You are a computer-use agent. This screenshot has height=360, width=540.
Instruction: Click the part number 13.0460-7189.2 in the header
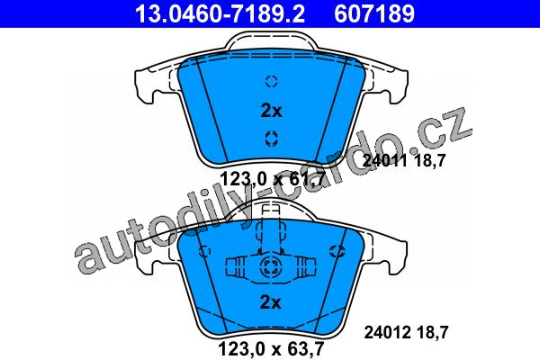pos(220,13)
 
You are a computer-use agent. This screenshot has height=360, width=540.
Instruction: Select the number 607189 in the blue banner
pos(374,13)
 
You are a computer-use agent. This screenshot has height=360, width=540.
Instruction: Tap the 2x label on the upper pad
pos(271,111)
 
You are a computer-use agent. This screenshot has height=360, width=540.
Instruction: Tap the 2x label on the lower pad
pos(270,302)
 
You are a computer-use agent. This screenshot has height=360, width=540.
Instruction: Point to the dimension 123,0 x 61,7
pos(272,179)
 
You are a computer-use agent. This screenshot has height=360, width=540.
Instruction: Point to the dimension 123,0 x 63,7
pos(271,348)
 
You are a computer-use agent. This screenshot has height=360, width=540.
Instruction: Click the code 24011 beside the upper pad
pos(384,160)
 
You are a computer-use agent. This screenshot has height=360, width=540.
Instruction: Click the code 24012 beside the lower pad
pos(387,332)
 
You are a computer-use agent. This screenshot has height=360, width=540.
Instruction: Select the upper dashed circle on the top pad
pos(272,81)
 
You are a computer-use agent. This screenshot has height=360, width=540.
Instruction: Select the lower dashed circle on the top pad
pos(272,139)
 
